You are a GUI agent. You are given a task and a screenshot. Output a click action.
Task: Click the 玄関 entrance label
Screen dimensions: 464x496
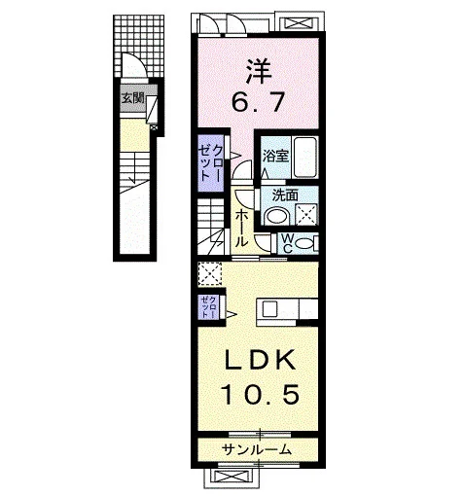[133, 98]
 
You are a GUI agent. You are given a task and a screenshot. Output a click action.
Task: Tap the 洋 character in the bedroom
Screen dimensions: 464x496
[259, 72]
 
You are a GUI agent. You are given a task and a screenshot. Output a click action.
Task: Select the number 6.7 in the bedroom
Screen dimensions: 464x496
[258, 101]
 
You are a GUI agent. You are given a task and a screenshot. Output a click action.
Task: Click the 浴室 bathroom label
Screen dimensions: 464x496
[275, 157]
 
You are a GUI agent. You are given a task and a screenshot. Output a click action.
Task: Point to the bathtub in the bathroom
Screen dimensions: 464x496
[304, 157]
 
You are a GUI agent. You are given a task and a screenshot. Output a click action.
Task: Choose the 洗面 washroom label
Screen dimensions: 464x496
[285, 195]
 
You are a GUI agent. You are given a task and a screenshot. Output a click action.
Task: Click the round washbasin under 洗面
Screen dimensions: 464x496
[276, 217]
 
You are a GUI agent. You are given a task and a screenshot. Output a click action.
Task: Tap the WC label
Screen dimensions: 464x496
[288, 243]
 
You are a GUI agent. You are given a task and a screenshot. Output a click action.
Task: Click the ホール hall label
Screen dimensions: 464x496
[241, 229]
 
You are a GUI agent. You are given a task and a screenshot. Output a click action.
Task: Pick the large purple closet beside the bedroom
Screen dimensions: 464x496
[210, 163]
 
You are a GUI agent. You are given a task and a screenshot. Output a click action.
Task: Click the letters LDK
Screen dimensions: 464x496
[261, 360]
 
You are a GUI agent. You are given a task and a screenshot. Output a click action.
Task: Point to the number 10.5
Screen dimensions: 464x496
[261, 394]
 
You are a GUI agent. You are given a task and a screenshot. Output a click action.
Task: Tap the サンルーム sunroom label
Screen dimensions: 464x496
[257, 449]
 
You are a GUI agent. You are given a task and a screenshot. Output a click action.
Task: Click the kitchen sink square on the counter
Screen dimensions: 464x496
[269, 309]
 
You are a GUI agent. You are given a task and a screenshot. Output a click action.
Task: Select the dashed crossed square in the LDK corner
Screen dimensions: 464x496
[210, 274]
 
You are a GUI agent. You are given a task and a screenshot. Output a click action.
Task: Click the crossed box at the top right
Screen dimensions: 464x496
[300, 22]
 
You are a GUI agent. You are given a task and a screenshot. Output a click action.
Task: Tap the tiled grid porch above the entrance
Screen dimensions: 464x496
[139, 46]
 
